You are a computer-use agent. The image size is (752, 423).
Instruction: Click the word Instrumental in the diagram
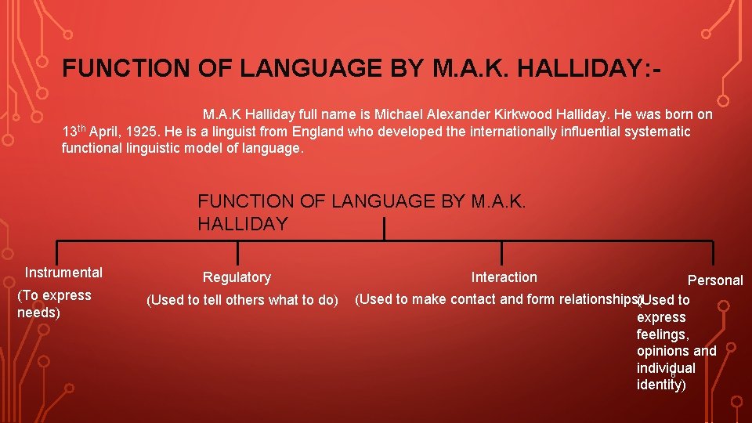(x=63, y=273)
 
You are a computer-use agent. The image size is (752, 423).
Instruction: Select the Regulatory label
(x=237, y=277)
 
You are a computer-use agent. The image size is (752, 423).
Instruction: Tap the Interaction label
(x=504, y=277)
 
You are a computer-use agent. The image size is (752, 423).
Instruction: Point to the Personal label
(x=715, y=280)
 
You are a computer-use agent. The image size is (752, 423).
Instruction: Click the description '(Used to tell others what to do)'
(x=243, y=300)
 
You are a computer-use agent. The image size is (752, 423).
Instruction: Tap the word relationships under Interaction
(x=598, y=299)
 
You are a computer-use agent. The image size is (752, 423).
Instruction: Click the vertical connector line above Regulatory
(x=237, y=253)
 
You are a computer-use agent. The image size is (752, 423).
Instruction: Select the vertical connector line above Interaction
(x=501, y=253)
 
